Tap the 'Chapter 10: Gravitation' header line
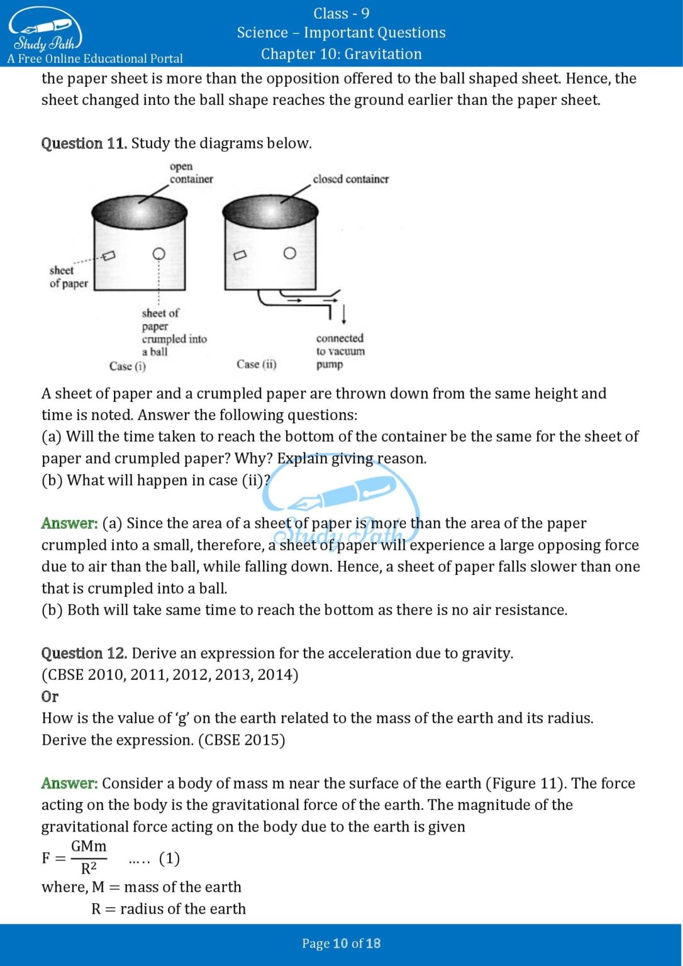pos(341,54)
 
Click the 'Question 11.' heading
pos(84,143)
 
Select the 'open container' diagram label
pos(191,173)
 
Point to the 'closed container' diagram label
pos(350,179)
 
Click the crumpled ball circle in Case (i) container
pos(159,253)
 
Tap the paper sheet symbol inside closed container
pos(240,255)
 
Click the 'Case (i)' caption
pos(128,366)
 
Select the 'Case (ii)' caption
pos(257,364)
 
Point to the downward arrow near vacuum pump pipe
pos(344,314)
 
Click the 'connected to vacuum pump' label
pos(340,351)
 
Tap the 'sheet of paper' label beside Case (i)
pos(68,277)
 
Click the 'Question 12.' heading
pos(84,653)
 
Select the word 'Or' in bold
pos(50,697)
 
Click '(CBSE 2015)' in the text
pos(242,740)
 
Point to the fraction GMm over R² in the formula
pos(89,858)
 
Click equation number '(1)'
pos(169,858)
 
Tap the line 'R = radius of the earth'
pos(168,909)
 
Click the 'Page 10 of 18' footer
pos(341,943)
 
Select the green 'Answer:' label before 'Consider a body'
pos(69,784)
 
